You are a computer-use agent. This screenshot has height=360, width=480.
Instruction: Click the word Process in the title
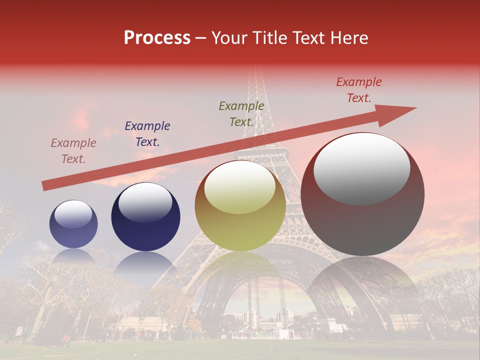[157, 38]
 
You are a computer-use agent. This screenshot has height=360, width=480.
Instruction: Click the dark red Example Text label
[359, 90]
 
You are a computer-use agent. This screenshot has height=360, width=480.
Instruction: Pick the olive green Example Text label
[241, 114]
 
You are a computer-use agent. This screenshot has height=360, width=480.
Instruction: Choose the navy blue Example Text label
[147, 134]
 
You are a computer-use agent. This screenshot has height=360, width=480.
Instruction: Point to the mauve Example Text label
[73, 151]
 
